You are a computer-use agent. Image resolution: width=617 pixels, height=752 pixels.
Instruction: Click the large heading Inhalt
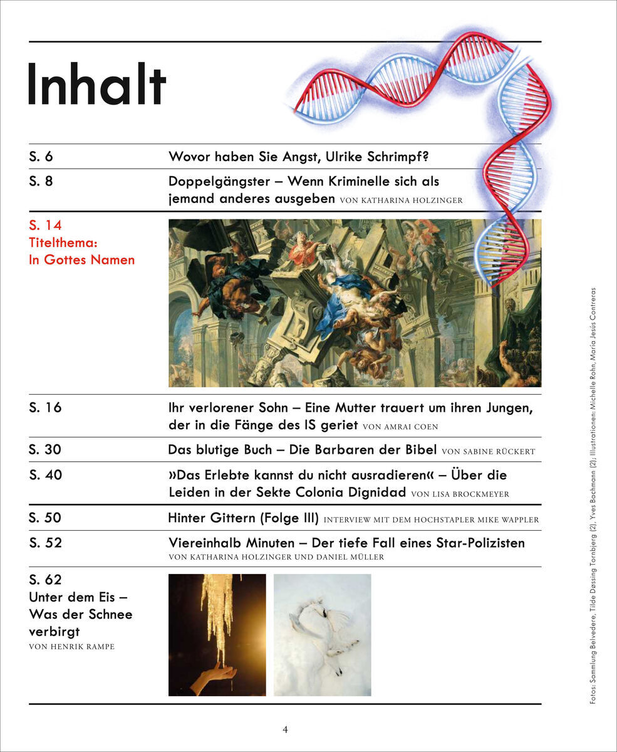(97, 85)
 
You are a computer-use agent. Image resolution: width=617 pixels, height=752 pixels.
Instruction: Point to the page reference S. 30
(46, 450)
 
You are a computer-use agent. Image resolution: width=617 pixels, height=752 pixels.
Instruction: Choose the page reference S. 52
(46, 543)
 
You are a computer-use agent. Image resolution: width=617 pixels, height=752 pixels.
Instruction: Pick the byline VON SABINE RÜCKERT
(489, 451)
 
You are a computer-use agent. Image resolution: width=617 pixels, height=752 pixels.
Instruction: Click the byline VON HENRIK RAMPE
(72, 647)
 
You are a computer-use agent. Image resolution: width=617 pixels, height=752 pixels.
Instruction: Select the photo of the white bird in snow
(323, 634)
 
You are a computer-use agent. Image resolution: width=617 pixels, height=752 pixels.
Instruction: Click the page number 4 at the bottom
(285, 729)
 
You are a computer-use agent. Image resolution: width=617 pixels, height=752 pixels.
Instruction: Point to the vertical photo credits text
(593, 495)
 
